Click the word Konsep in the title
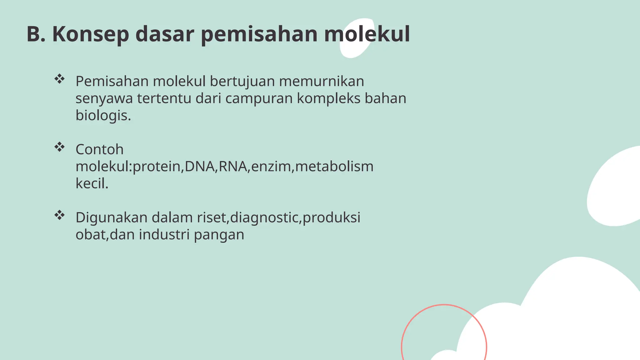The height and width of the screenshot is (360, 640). coord(90,34)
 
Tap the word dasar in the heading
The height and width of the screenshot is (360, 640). coord(165,34)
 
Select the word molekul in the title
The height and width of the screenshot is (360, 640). coord(367,34)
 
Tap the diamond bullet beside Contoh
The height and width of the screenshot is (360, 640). coord(59,147)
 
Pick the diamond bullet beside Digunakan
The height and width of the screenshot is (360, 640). coord(59,215)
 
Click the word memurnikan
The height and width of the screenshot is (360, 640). coord(321,81)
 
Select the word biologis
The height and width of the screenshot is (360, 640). coord(103,115)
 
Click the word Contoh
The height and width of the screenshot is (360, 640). coord(99,149)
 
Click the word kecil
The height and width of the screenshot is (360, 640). coord(92,183)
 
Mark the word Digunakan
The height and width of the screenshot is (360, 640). coord(111,218)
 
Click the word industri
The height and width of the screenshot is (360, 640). coord(164,234)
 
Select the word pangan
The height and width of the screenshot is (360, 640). coord(219,235)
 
